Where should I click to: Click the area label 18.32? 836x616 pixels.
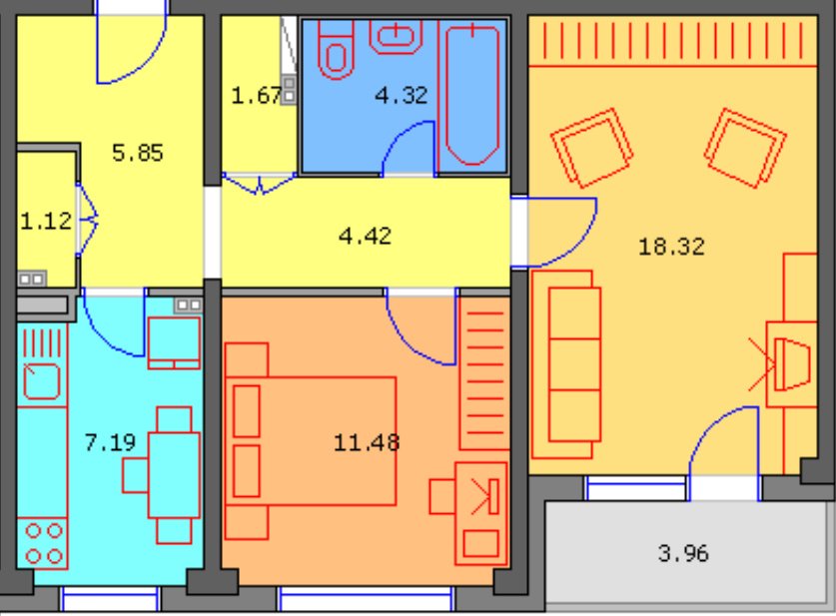point(671,247)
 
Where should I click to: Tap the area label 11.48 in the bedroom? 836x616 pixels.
point(367,442)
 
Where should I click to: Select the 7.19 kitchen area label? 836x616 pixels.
point(110,441)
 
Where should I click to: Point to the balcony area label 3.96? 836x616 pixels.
point(683,553)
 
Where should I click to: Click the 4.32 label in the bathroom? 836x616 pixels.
point(401,96)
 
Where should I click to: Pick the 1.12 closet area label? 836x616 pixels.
point(46,221)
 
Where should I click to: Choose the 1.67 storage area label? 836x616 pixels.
point(257,96)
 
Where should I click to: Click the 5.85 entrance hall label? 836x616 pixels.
point(138,153)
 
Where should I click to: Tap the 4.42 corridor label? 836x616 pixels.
point(366,236)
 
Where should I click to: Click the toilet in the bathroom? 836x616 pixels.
point(336,50)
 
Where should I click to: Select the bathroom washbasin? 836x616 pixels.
point(396,37)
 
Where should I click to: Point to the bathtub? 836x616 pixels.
point(472,94)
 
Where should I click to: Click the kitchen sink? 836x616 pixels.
point(42,380)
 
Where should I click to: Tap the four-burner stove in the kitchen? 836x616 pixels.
point(43,543)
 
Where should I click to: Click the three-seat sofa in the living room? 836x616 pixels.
point(566,364)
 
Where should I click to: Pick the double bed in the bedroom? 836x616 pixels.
point(311,441)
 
